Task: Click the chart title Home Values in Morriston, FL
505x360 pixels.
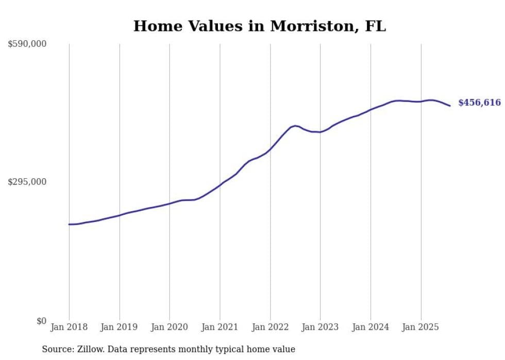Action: pyautogui.click(x=259, y=26)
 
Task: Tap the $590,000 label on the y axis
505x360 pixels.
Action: pyautogui.click(x=27, y=44)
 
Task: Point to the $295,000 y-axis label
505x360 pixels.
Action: pyautogui.click(x=27, y=182)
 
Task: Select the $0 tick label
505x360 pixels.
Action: pyautogui.click(x=41, y=321)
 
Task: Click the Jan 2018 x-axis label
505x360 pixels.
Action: pyautogui.click(x=69, y=327)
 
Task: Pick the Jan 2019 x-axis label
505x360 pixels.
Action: pyautogui.click(x=120, y=327)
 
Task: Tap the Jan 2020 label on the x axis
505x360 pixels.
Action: pyautogui.click(x=170, y=327)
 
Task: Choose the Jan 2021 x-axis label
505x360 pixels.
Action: pyautogui.click(x=220, y=327)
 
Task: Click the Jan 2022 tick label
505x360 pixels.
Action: pyautogui.click(x=270, y=327)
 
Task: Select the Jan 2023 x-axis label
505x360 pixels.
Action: pyautogui.click(x=320, y=327)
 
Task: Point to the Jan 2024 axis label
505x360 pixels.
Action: pyautogui.click(x=371, y=327)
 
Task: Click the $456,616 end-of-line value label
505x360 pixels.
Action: pyautogui.click(x=479, y=102)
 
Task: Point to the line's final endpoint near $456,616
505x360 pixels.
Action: pyautogui.click(x=450, y=106)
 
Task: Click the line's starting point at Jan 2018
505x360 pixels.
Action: pyautogui.click(x=69, y=224)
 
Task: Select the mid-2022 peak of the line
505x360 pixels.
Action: pyautogui.click(x=295, y=126)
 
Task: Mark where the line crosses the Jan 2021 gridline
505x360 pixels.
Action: pyautogui.click(x=220, y=184)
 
